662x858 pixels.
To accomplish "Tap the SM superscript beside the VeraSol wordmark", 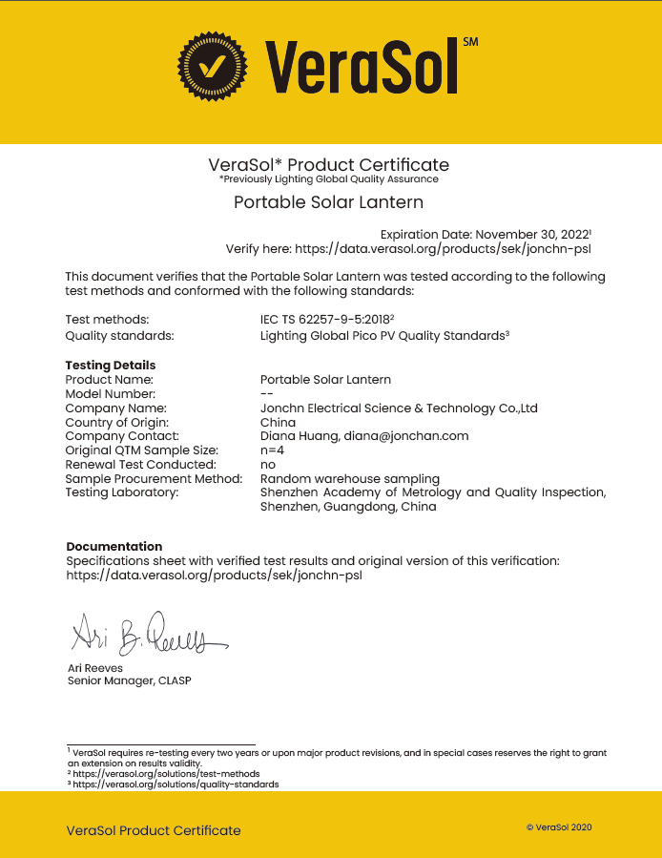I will click(x=469, y=42).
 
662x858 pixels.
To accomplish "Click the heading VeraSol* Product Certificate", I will click(x=328, y=164).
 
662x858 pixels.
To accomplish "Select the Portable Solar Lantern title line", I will click(x=328, y=202).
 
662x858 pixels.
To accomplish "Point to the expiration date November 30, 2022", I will click(x=532, y=234).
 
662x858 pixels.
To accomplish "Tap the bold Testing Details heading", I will click(x=110, y=365).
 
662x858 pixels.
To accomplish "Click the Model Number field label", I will click(x=110, y=393).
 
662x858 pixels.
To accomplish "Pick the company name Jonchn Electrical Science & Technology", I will click(x=399, y=408).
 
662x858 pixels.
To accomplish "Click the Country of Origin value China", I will click(x=278, y=422).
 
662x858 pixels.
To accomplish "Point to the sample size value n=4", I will click(x=273, y=450).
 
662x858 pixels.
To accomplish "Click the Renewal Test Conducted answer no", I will click(x=267, y=464).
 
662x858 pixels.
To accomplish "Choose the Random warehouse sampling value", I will click(x=349, y=478).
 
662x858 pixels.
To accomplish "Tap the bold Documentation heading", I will click(x=114, y=546).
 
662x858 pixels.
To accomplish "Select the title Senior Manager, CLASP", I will click(x=134, y=681).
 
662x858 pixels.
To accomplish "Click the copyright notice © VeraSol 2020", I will click(x=559, y=827).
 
